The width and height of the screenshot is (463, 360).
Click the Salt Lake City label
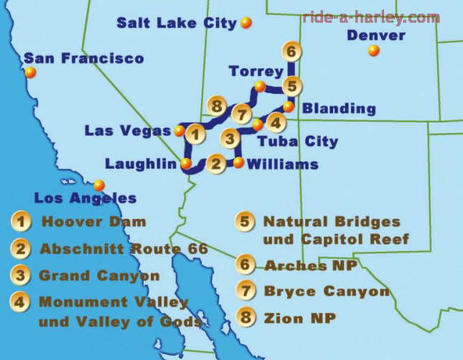(176, 23)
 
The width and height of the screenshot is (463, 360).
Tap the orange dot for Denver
(373, 50)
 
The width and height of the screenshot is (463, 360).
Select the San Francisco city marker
(30, 72)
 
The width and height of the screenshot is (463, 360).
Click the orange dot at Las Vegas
(179, 131)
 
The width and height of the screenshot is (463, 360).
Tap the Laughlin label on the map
(141, 164)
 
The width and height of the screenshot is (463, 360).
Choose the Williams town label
(282, 164)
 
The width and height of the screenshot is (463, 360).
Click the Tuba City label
(297, 141)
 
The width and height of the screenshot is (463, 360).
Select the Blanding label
(339, 109)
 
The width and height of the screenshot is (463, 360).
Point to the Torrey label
(256, 71)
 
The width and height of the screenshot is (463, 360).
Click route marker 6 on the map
(290, 52)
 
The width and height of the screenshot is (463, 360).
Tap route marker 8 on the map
(217, 106)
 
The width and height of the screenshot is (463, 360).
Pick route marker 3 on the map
(228, 138)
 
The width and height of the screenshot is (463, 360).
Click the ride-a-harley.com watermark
(370, 17)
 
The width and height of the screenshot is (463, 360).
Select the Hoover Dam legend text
(93, 222)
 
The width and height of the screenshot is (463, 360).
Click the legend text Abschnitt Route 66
(123, 249)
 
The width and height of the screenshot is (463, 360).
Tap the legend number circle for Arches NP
(246, 266)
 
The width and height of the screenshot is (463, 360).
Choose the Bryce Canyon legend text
(327, 291)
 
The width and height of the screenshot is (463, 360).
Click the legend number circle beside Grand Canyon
(21, 275)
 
